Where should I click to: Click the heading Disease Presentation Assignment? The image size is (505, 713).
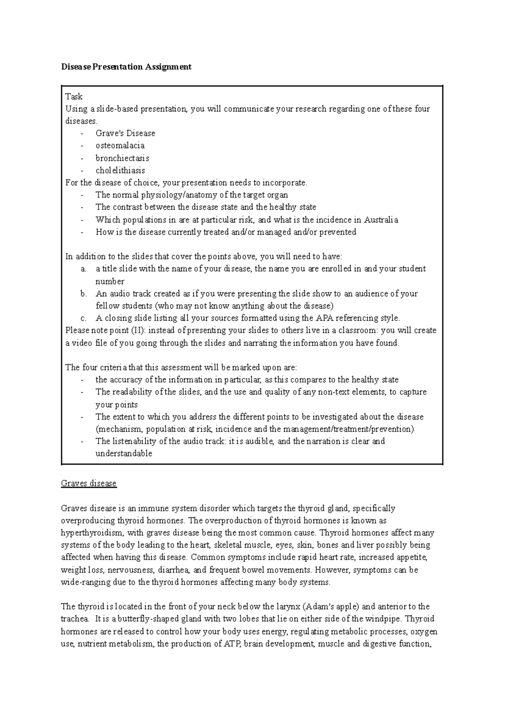click(x=126, y=67)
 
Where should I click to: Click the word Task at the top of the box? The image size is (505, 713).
click(x=74, y=96)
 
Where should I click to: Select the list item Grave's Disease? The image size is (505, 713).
click(x=125, y=133)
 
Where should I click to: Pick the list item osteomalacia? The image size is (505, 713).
click(x=120, y=146)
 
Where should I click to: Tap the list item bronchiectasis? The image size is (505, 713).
click(x=122, y=158)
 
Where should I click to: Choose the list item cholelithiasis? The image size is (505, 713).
click(x=120, y=170)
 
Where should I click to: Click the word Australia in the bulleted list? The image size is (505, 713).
click(x=381, y=220)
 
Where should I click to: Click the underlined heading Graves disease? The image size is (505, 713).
click(x=89, y=483)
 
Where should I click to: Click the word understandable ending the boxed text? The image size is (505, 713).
click(x=124, y=454)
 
